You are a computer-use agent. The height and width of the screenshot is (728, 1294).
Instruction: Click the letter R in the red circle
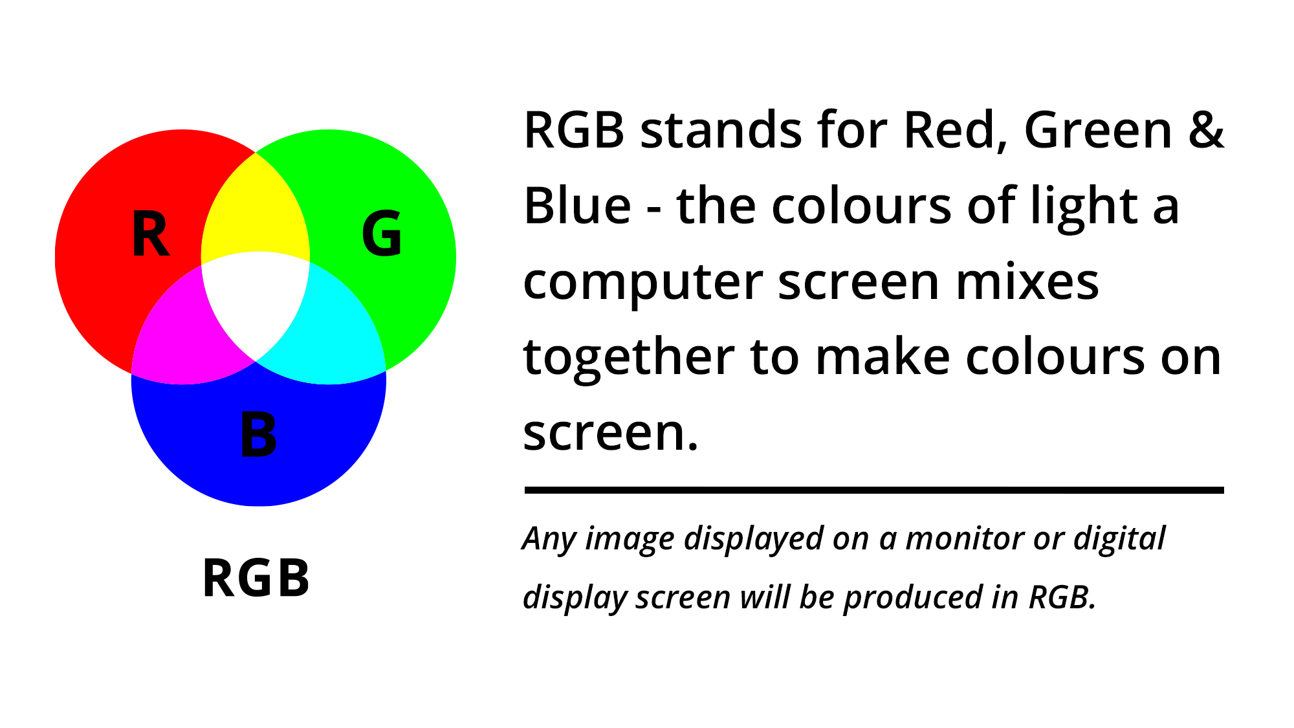coord(151,234)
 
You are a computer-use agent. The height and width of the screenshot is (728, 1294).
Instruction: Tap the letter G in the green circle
coord(382,234)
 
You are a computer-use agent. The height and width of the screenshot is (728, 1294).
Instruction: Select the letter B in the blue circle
coord(258,435)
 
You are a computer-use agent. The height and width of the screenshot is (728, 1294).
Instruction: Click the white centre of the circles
coord(256,301)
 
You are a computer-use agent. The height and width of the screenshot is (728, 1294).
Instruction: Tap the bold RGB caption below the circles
coord(256,578)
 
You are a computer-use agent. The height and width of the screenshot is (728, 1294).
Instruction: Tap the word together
coord(628,358)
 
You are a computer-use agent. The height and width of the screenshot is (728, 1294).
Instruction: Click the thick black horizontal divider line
coord(874,491)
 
